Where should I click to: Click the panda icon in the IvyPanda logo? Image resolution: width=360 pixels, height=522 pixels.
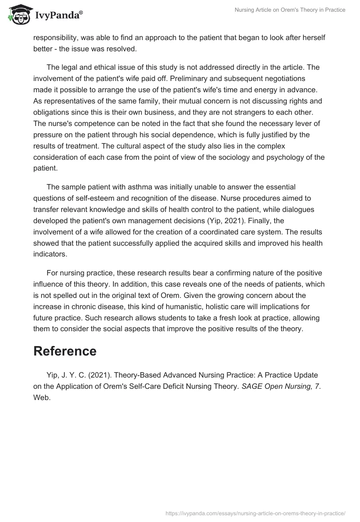pyautogui.click(x=18, y=15)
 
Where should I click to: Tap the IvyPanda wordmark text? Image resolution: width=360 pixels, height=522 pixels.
pyautogui.click(x=58, y=16)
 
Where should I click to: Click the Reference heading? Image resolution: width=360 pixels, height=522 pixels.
pyautogui.click(x=65, y=351)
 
